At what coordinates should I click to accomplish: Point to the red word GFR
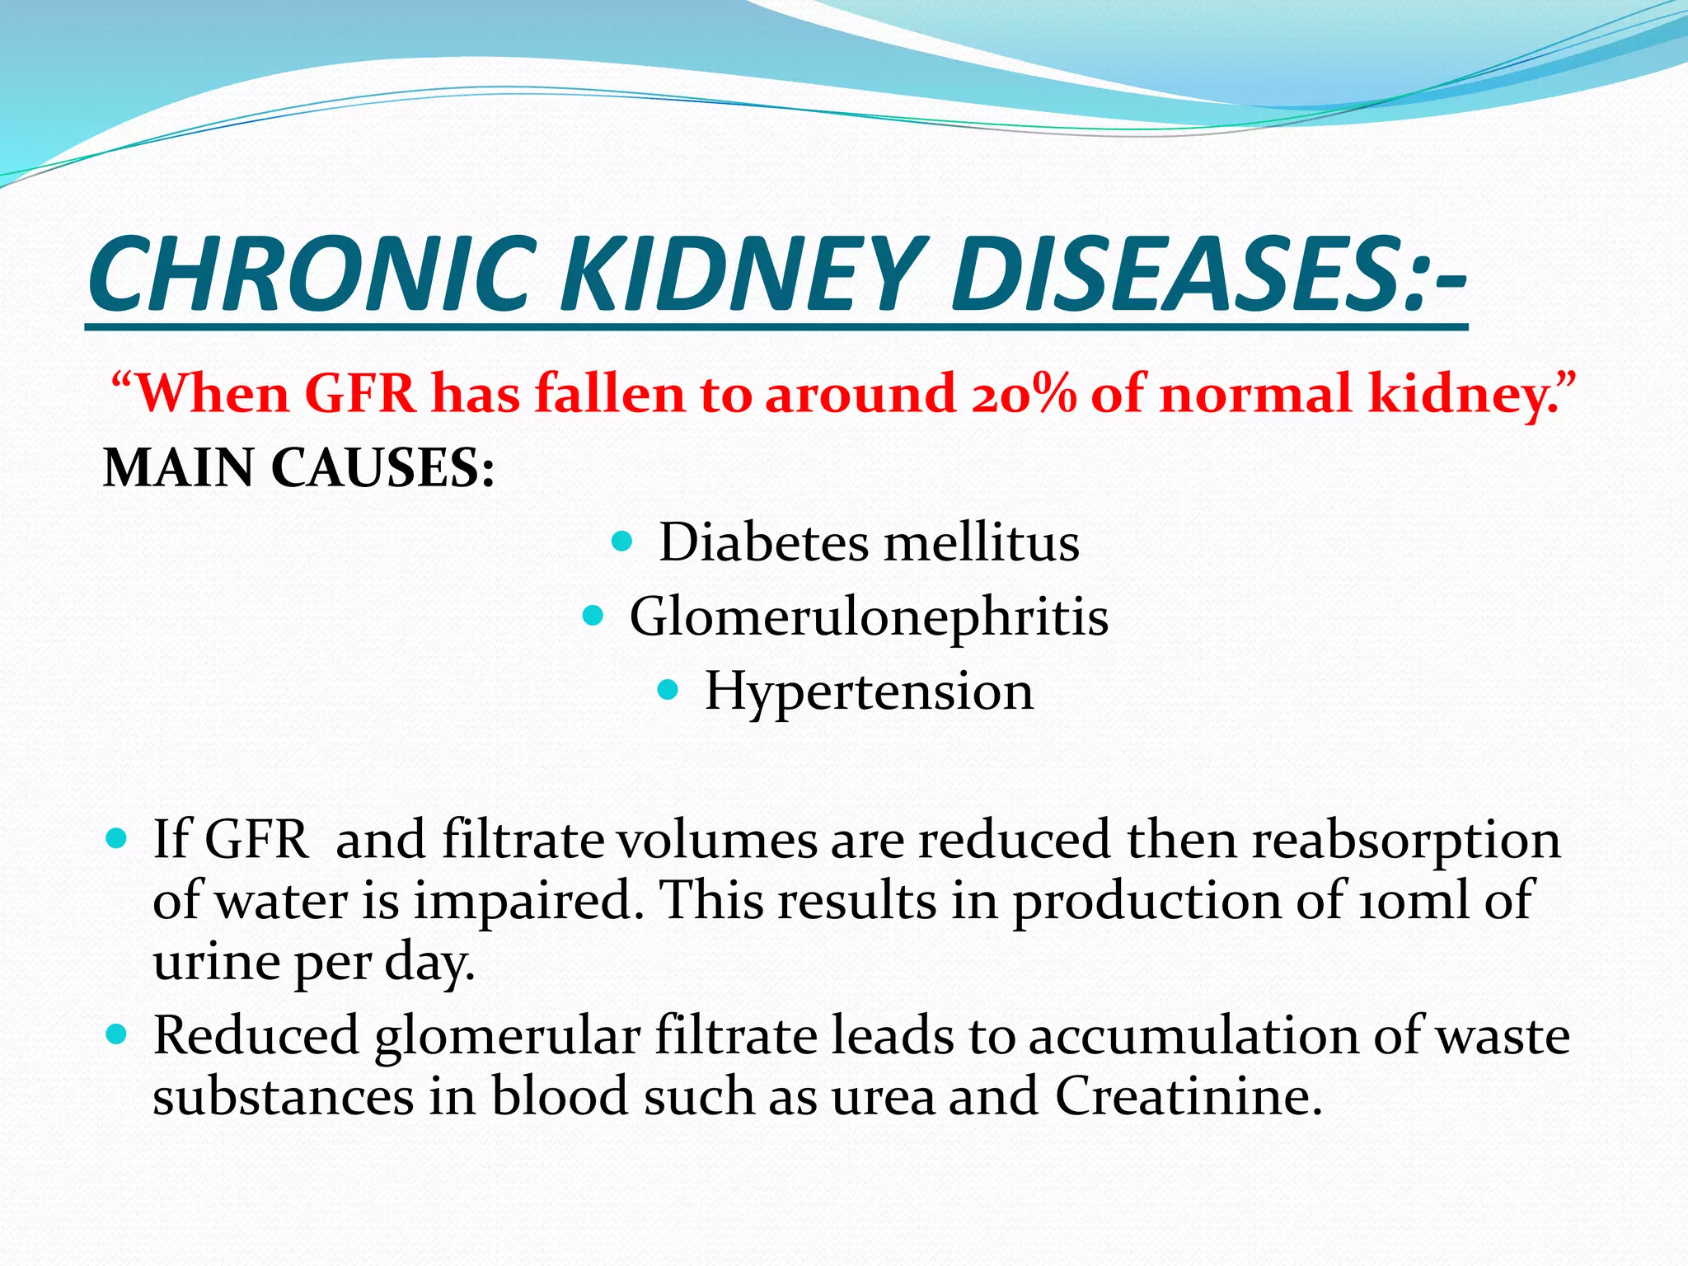[361, 393]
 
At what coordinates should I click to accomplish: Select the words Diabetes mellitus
[869, 543]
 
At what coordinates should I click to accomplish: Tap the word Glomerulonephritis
[869, 617]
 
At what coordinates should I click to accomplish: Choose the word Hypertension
[869, 691]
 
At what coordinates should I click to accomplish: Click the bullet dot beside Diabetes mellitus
[623, 542]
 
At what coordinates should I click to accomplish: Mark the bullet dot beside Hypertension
[668, 689]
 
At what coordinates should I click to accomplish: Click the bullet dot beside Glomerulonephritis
[593, 615]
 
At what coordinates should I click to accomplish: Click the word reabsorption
[1405, 842]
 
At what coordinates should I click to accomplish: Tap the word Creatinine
[1189, 1097]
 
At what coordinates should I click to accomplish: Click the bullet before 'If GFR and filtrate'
[117, 840]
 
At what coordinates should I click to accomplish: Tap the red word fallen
[608, 393]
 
